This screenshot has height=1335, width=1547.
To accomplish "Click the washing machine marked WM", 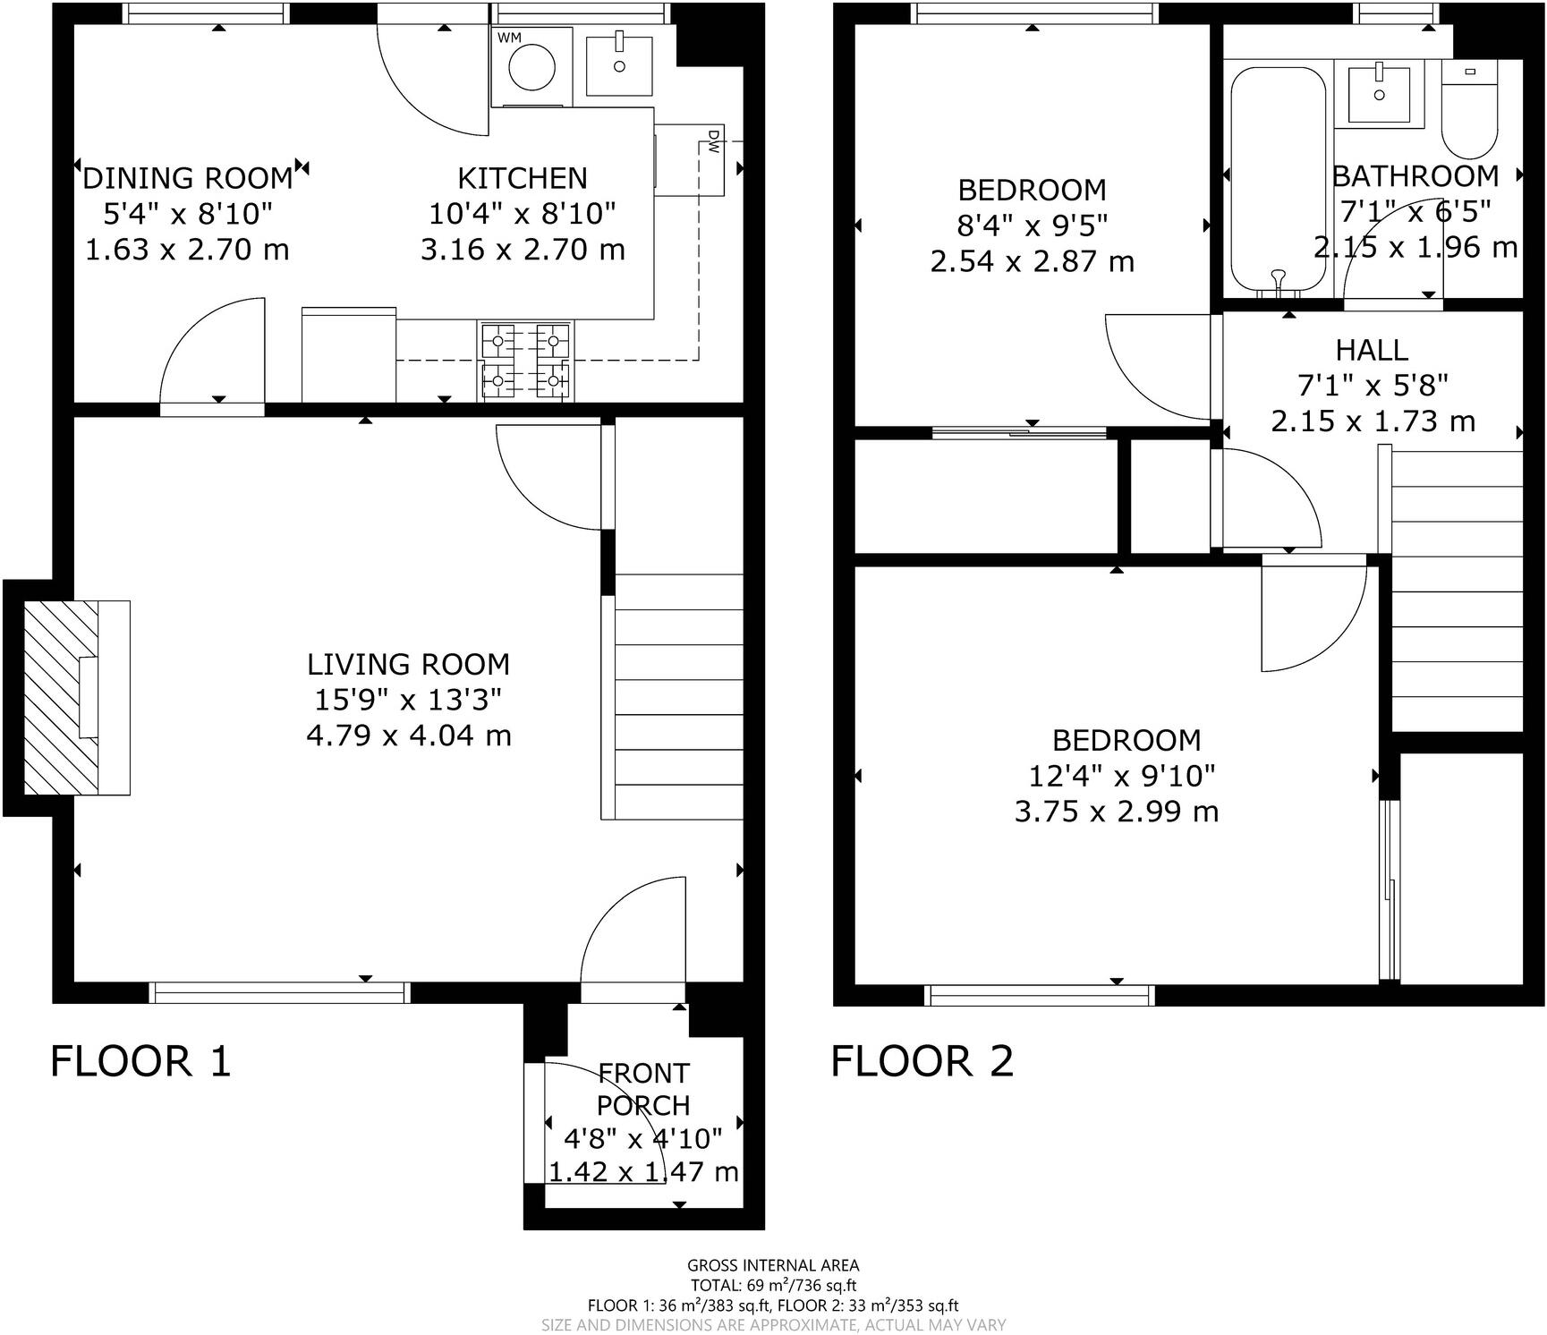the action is [531, 66].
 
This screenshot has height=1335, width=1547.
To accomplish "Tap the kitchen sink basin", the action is [618, 64].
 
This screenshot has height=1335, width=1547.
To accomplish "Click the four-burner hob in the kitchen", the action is [527, 361].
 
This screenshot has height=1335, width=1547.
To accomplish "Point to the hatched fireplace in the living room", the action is [61, 698].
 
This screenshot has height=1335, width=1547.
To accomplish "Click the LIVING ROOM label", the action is [408, 664].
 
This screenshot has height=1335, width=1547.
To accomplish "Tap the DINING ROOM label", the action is [188, 178].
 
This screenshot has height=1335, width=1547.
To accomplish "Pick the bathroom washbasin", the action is [1379, 92].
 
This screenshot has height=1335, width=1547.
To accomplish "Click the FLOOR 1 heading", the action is [140, 1061].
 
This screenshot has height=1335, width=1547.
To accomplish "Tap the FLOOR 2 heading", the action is [922, 1061].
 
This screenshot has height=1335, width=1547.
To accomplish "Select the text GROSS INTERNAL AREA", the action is [773, 1265].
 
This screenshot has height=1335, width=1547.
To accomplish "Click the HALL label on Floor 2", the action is [1373, 349].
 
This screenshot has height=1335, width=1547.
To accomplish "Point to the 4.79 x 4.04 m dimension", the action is [409, 736].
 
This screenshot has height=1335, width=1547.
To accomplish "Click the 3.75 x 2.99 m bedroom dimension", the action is [1117, 812].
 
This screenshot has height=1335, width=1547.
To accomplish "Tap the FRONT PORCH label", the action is [643, 1089].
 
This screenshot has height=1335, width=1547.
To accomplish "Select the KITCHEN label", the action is [523, 178].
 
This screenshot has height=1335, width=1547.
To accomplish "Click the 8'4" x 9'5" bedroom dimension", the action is [1033, 225].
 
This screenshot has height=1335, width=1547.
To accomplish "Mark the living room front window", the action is [279, 992].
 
